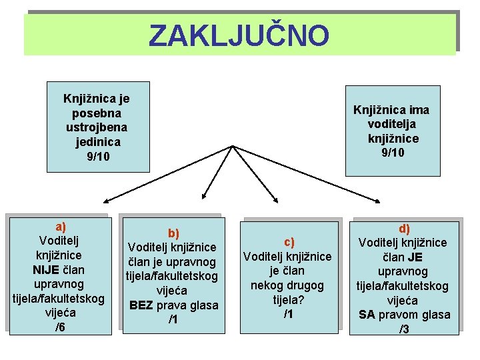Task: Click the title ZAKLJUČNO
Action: click(x=239, y=36)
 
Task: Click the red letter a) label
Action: click(x=60, y=226)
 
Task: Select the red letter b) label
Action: click(x=173, y=233)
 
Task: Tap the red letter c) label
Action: click(x=289, y=242)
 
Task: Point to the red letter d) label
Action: click(x=405, y=229)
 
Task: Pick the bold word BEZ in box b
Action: click(x=141, y=305)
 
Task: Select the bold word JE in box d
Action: click(x=415, y=257)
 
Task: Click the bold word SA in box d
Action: click(x=366, y=315)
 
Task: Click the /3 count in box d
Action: click(x=405, y=329)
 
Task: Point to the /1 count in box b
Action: click(x=173, y=320)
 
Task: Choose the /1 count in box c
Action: click(x=288, y=313)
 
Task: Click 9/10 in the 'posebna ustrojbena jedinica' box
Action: click(x=97, y=156)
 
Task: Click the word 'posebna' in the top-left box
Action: click(x=97, y=113)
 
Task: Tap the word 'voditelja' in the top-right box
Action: click(x=391, y=124)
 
